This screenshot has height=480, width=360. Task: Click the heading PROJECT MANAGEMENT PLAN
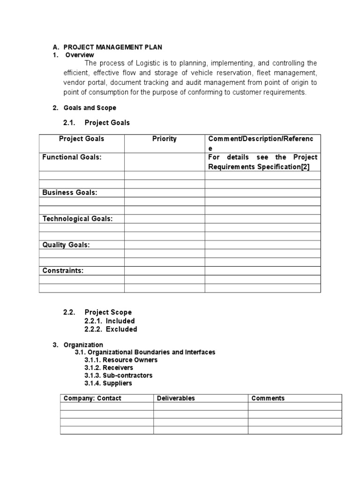click(112, 47)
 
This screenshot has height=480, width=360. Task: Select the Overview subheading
click(80, 55)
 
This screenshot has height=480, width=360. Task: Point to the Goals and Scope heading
click(90, 108)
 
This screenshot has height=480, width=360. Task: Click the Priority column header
click(164, 139)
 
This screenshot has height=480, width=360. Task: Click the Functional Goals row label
click(72, 157)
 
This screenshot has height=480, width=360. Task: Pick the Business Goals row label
click(70, 193)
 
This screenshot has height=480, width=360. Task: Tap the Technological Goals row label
click(77, 219)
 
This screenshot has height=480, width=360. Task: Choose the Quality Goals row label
click(66, 245)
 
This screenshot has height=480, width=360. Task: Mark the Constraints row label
click(63, 271)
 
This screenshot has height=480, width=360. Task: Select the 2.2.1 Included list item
click(110, 321)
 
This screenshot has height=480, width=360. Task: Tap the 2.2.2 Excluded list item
click(111, 329)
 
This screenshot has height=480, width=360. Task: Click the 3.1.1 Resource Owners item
click(121, 360)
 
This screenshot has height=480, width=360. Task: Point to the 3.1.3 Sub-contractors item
click(118, 375)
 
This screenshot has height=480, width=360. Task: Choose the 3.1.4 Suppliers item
click(108, 383)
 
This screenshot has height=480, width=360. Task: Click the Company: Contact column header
click(92, 398)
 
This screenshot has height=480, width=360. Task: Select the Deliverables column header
click(176, 398)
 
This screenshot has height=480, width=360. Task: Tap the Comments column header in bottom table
click(268, 398)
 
